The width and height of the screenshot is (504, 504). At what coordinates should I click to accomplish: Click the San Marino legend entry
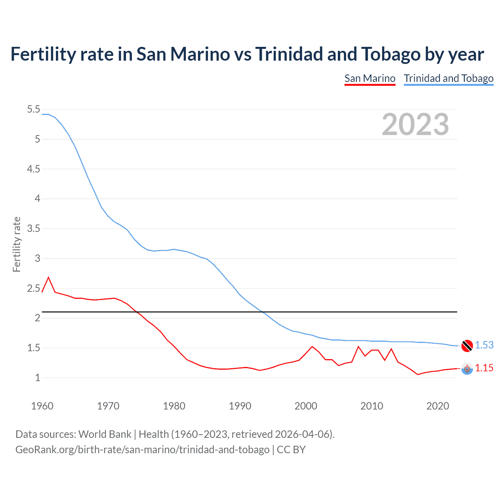click(370, 78)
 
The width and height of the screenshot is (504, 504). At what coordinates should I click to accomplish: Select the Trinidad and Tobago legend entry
click(448, 78)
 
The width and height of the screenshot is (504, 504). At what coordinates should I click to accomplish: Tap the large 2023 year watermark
click(415, 124)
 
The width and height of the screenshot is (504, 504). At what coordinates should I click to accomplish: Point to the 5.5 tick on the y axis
click(33, 109)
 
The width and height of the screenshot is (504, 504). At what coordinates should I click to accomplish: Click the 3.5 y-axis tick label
click(33, 228)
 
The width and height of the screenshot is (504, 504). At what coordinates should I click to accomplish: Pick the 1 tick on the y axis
click(38, 378)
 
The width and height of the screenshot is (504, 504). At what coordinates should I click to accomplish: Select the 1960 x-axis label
click(42, 406)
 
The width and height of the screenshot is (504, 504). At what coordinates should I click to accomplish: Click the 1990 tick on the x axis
click(240, 406)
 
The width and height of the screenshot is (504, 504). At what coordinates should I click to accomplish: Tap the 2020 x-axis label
click(437, 406)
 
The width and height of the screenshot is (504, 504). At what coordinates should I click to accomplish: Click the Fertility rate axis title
click(17, 244)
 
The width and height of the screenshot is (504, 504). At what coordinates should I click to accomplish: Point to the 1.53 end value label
click(484, 345)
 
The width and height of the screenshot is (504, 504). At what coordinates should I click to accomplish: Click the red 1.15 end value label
click(484, 368)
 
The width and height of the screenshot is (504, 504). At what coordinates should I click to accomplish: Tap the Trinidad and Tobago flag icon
click(467, 346)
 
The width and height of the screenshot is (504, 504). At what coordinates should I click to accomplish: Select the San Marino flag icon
click(467, 369)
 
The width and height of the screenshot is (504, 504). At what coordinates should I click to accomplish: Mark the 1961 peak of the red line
click(48, 277)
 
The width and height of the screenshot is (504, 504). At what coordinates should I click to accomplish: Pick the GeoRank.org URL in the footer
click(142, 449)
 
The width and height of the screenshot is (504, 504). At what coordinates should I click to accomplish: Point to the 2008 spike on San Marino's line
click(358, 346)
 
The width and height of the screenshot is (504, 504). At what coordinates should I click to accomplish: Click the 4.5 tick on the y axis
click(33, 169)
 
